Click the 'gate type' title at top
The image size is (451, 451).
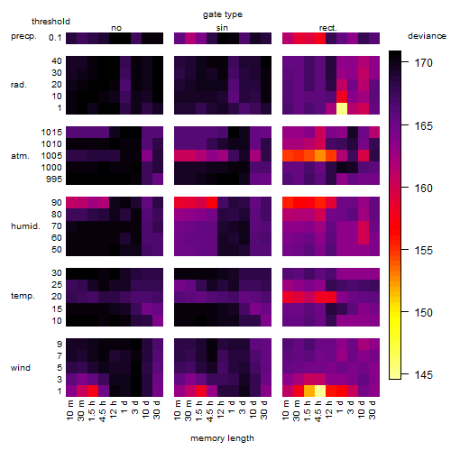[223, 14]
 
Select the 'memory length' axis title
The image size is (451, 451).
[222, 438]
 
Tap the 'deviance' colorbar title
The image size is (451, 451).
[427, 36]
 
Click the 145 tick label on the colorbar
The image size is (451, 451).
[423, 375]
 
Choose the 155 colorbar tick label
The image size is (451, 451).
[423, 250]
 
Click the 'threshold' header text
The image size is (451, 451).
[51, 22]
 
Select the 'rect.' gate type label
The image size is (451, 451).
[327, 28]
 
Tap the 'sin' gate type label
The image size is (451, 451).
[222, 28]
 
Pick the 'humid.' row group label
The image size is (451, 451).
[25, 226]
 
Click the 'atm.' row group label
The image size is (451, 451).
[20, 156]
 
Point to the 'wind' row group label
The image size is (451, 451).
[21, 368]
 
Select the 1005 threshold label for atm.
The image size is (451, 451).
[51, 156]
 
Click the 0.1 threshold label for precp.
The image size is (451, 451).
[55, 38]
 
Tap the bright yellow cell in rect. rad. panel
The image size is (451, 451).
[342, 108]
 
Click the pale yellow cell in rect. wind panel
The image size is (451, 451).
[320, 391]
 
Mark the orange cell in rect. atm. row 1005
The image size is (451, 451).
[320, 156]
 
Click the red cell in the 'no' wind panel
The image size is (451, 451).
[93, 391]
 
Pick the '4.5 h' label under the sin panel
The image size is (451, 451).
[210, 410]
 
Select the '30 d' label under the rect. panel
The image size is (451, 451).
[373, 410]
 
